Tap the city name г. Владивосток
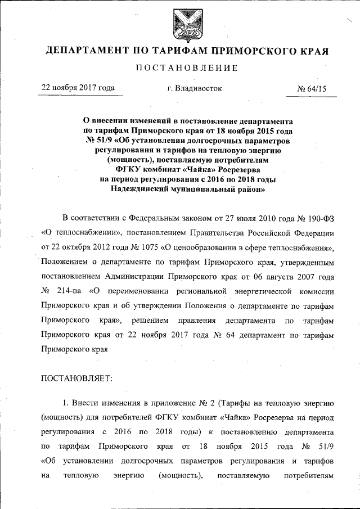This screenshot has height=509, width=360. coord(190,88)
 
